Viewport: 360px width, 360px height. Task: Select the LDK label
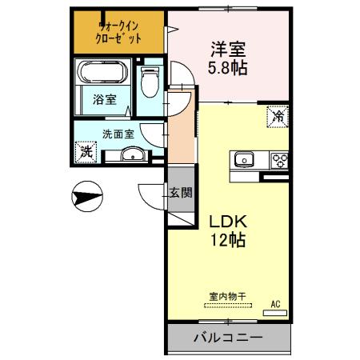pos(227,221)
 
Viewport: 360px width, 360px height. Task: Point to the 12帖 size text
pos(227,239)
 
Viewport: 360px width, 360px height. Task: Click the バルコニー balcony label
pos(227,338)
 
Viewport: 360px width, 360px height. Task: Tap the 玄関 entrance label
pos(181,192)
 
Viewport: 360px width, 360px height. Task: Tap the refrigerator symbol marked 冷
pos(275,117)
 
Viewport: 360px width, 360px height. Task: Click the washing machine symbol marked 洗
pos(85,150)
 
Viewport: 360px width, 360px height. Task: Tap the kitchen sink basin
pos(244,159)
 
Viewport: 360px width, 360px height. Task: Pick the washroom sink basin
pos(135,154)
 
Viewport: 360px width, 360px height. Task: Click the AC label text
pos(275,304)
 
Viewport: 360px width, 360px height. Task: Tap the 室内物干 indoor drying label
pos(227,296)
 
